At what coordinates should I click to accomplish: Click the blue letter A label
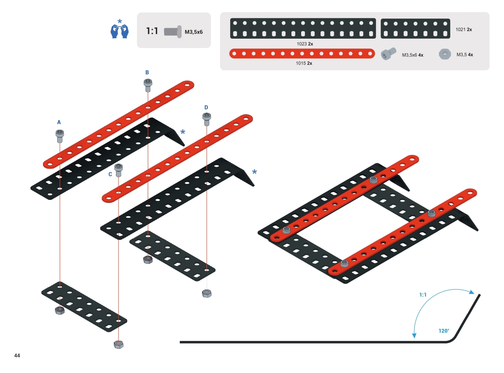[x=59, y=122]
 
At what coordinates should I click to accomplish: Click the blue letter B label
[x=147, y=72]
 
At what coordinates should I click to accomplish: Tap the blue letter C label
[x=110, y=174]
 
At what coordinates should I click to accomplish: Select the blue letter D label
[x=206, y=108]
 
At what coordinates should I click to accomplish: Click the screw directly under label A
[x=60, y=135]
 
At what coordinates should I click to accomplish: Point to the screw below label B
[x=148, y=85]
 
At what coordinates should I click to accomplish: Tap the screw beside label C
[x=119, y=169]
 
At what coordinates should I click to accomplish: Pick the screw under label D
[x=207, y=119]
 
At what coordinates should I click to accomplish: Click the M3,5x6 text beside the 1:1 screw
[x=194, y=32]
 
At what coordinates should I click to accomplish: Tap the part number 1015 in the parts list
[x=301, y=63]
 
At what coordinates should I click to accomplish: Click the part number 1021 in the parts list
[x=461, y=29]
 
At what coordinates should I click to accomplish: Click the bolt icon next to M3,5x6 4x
[x=388, y=54]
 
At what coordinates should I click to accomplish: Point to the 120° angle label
[x=444, y=331]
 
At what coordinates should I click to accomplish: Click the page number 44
[x=17, y=356]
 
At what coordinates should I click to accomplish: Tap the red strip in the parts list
[x=302, y=54]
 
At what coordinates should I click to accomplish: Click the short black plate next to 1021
[x=415, y=29]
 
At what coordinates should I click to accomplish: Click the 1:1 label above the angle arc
[x=423, y=295]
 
